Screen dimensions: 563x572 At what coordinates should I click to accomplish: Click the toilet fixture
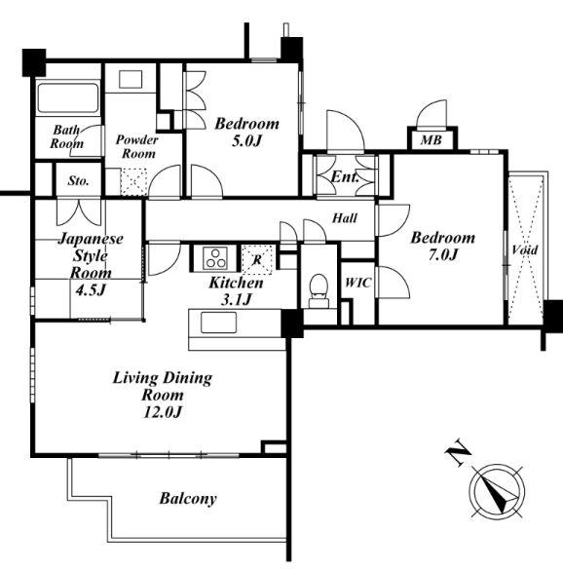pyautogui.click(x=319, y=290)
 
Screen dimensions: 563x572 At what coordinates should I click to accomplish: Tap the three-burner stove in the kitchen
pyautogui.click(x=215, y=258)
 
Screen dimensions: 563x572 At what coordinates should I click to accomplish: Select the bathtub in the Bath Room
pyautogui.click(x=68, y=98)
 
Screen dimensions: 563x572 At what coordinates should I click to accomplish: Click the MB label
pyautogui.click(x=431, y=139)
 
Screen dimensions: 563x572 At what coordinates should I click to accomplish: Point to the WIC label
pyautogui.click(x=358, y=283)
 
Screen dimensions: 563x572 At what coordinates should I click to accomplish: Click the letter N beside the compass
pyautogui.click(x=458, y=453)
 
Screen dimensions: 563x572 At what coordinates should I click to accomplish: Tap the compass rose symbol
pyautogui.click(x=497, y=491)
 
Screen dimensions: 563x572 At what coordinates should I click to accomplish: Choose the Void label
pyautogui.click(x=525, y=249)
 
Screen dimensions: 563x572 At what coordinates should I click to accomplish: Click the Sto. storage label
pyautogui.click(x=78, y=180)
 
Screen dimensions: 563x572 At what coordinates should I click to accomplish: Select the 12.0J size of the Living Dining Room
pyautogui.click(x=163, y=412)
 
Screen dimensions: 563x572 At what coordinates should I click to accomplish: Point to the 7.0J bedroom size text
pyautogui.click(x=442, y=254)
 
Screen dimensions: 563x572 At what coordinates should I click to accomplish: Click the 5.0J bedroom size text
pyautogui.click(x=246, y=141)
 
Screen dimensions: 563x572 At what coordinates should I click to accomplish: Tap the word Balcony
pyautogui.click(x=188, y=499)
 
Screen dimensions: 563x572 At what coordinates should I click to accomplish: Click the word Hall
pyautogui.click(x=345, y=218)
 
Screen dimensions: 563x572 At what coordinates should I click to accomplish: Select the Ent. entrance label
pyautogui.click(x=345, y=177)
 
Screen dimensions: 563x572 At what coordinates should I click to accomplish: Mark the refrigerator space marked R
pyautogui.click(x=257, y=259)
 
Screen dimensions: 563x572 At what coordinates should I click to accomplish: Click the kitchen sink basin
pyautogui.click(x=218, y=323)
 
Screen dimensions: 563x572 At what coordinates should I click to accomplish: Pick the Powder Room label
pyautogui.click(x=137, y=146)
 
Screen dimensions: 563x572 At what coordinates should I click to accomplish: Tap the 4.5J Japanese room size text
pyautogui.click(x=90, y=290)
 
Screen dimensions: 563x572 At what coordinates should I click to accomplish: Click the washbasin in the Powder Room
pyautogui.click(x=131, y=80)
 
